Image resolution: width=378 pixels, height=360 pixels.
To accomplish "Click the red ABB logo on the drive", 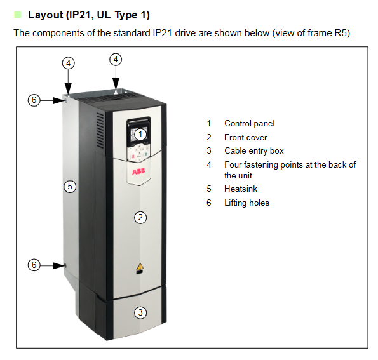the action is (x=138, y=171).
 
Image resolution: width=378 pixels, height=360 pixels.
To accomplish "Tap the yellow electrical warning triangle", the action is (x=140, y=267).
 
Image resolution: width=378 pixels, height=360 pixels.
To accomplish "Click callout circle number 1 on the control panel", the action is (x=140, y=134).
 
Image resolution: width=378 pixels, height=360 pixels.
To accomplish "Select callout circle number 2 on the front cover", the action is (x=140, y=218).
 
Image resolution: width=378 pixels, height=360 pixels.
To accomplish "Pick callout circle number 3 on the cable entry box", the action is (x=140, y=312).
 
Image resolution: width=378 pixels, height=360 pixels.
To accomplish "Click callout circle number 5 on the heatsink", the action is (x=70, y=186).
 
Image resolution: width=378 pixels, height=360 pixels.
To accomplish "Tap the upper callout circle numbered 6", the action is (x=34, y=100).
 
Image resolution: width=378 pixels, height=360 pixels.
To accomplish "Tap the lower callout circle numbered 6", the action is (x=34, y=265).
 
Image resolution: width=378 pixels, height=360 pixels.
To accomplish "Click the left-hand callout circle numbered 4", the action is (x=69, y=63).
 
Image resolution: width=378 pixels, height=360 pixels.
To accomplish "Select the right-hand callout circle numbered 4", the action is (x=116, y=59).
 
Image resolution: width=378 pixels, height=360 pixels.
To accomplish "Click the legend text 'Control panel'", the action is (x=249, y=124).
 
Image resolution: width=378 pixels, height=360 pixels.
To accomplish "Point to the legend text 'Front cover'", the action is (x=245, y=137).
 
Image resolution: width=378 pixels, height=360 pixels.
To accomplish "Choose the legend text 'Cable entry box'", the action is (x=254, y=151).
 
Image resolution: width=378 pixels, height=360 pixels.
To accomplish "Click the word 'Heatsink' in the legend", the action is (x=241, y=189).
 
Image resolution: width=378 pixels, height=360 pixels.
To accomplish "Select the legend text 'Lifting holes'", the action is (x=246, y=203).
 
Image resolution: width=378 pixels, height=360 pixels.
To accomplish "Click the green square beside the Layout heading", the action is (x=18, y=15).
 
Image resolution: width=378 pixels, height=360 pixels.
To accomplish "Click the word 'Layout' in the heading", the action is (x=46, y=15).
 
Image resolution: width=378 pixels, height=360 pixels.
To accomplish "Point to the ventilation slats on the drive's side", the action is (x=100, y=131).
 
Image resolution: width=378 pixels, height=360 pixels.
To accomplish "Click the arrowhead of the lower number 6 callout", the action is (x=59, y=265).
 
